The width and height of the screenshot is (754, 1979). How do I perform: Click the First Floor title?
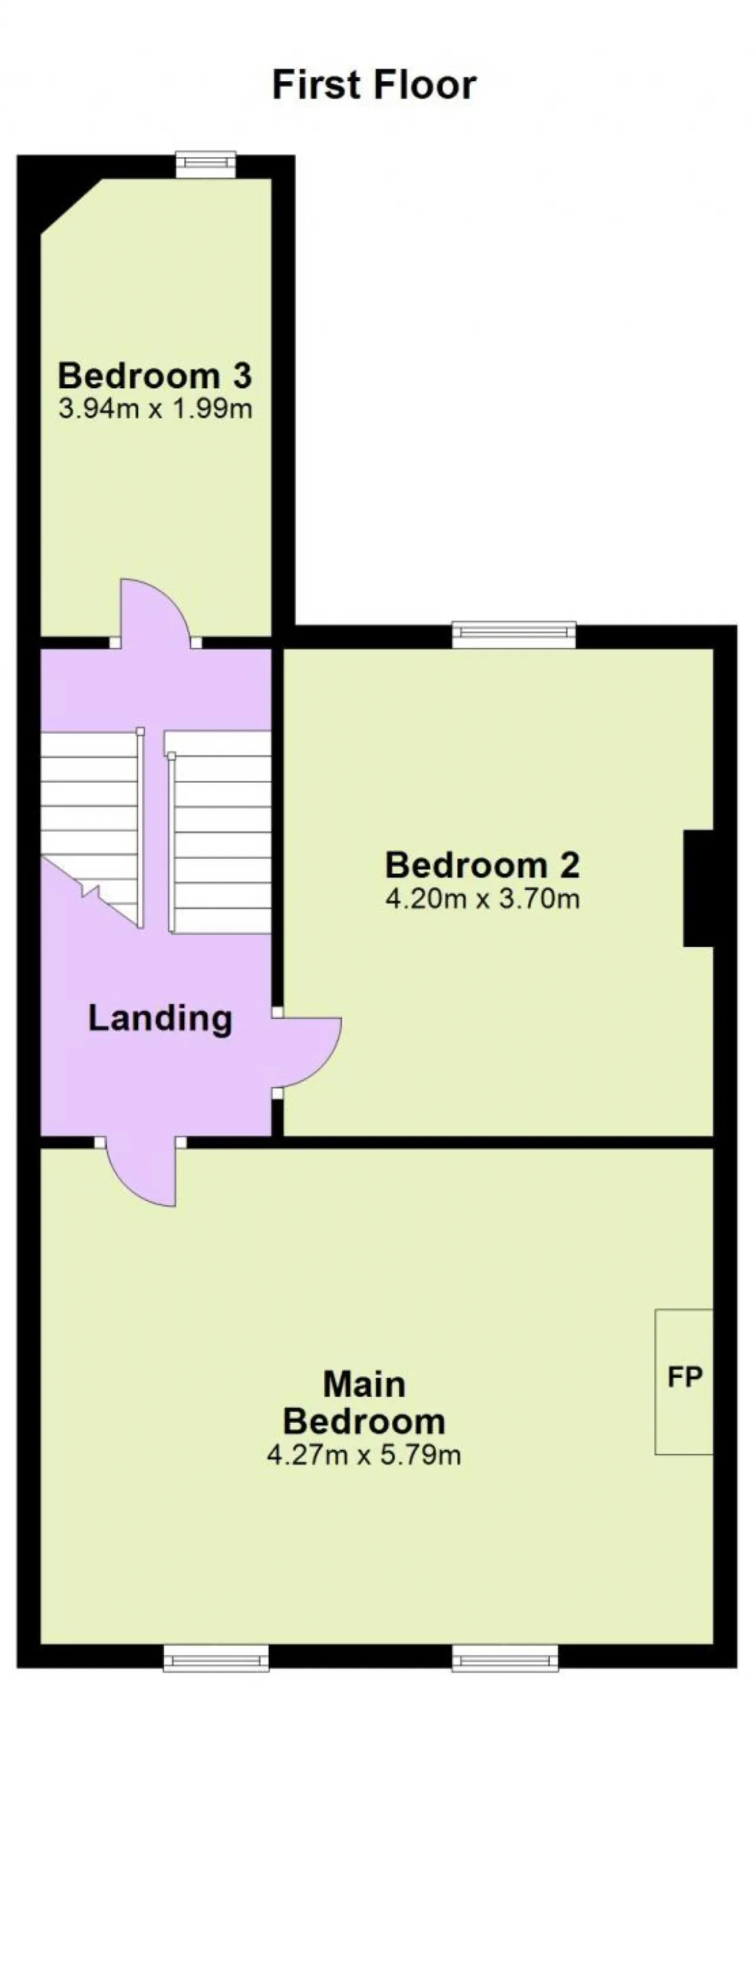(x=374, y=84)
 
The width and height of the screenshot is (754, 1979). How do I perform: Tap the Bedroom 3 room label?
(x=155, y=376)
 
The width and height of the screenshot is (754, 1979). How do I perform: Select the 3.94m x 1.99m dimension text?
(x=155, y=409)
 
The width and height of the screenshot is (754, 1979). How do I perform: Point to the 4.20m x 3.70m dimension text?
(x=482, y=898)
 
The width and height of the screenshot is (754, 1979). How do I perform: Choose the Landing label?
(x=160, y=1018)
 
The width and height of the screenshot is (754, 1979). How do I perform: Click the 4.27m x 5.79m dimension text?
(x=364, y=1455)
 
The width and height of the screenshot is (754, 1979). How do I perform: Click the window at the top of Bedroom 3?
(x=206, y=164)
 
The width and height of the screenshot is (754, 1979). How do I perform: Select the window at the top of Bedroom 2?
(x=514, y=634)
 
